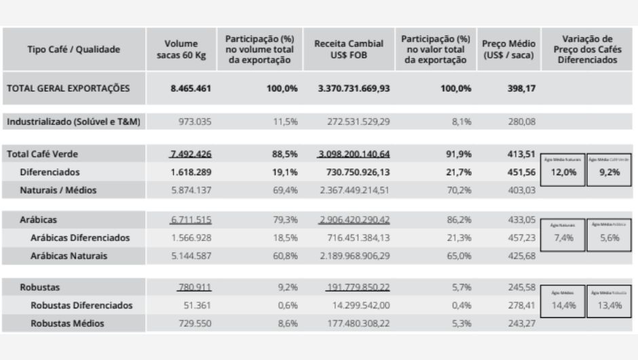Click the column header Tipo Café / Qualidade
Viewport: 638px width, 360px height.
[x=73, y=49]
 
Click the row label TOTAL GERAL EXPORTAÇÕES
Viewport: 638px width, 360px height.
[x=68, y=88]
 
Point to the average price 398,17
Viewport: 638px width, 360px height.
[x=521, y=88]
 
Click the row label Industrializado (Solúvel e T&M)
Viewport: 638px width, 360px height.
[x=73, y=122]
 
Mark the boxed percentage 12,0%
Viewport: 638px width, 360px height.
[x=563, y=173]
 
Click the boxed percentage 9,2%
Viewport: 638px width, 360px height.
[x=609, y=173]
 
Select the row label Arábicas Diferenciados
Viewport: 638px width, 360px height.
[x=80, y=238]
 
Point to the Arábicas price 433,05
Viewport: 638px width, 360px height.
[x=521, y=220]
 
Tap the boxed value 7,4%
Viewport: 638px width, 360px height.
[x=563, y=238]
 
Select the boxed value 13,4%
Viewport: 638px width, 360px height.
[x=609, y=305]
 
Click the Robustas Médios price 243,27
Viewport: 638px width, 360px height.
[x=521, y=323]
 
